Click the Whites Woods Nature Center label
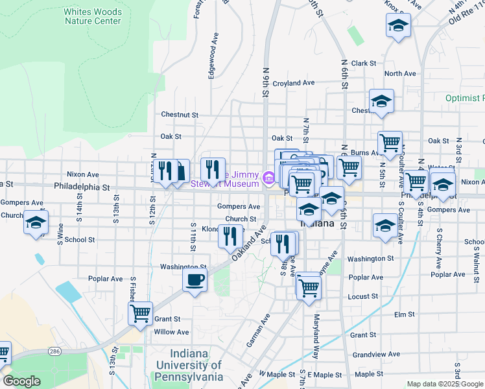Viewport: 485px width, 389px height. click(x=93, y=16)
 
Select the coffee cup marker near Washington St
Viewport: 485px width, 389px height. click(x=195, y=281)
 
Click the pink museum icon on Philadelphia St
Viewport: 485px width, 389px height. click(x=268, y=176)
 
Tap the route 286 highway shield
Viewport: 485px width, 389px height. click(x=54, y=351)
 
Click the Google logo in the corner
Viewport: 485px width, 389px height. click(x=21, y=381)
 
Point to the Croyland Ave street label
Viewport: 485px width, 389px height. click(x=293, y=83)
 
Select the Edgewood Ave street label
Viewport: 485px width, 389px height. click(x=211, y=62)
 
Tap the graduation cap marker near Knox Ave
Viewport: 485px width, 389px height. click(x=398, y=27)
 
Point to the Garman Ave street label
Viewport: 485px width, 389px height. click(x=257, y=330)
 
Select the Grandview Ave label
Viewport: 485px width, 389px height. click(x=375, y=355)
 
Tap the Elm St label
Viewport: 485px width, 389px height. click(x=404, y=314)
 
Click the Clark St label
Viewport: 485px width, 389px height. click(x=364, y=63)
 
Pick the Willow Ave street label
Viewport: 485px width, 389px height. click(x=171, y=332)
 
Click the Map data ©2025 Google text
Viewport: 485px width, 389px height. click(x=444, y=384)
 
